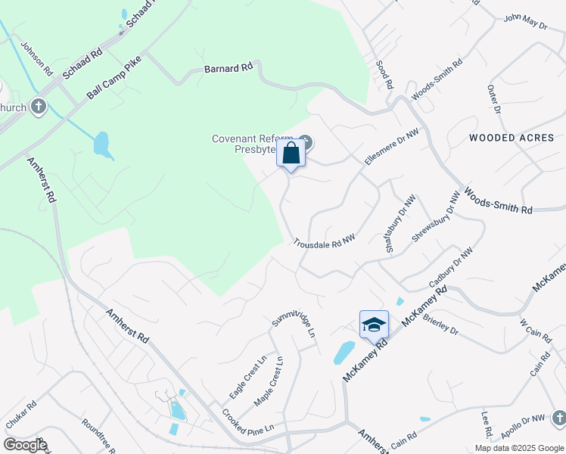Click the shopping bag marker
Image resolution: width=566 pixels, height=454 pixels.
coord(291,154)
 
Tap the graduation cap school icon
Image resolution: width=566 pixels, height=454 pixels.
coord(374,325)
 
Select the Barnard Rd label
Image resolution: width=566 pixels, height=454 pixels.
coord(228,68)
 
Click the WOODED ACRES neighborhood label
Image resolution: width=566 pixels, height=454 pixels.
coord(512,138)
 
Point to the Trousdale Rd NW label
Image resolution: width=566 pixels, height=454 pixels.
coord(325,240)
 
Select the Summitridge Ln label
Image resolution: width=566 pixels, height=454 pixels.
coord(293,322)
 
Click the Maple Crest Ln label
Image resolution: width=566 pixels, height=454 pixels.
coord(269,380)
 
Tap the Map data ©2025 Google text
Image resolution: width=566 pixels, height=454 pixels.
coord(518,448)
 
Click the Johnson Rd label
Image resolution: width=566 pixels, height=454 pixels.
coord(36,58)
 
